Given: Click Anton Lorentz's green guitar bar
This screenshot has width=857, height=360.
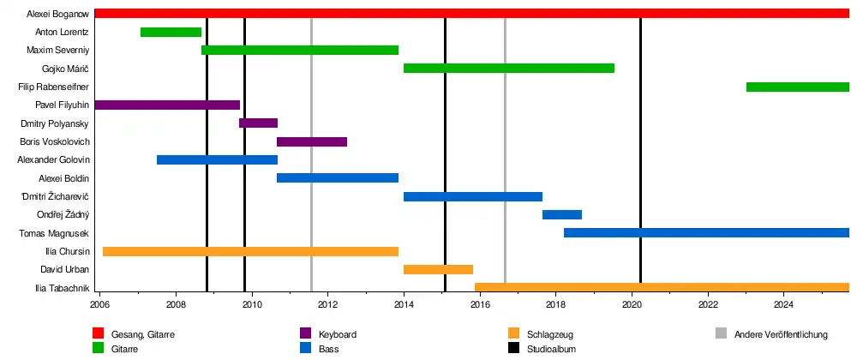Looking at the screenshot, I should tap(171, 33).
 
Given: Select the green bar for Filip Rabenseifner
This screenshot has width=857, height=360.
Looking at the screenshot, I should tap(797, 87).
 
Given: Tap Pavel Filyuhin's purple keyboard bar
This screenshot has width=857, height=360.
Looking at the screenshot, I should tap(167, 105).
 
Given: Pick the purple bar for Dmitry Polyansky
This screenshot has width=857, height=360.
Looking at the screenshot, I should tap(258, 123).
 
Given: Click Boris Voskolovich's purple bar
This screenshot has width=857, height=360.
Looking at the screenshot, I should tap(312, 141).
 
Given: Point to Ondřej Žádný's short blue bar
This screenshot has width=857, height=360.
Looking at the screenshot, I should tap(562, 214).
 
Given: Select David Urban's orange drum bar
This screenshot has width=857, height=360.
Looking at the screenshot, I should tap(438, 270).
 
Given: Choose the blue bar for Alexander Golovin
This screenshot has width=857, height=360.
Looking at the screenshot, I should tap(217, 160).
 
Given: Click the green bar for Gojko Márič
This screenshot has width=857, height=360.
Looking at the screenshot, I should tap(509, 69).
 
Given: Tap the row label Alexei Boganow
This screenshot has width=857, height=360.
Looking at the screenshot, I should tap(58, 14).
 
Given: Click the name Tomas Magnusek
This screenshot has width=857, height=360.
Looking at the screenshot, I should tap(54, 233).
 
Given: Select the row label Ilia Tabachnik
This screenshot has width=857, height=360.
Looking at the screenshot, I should tap(62, 288).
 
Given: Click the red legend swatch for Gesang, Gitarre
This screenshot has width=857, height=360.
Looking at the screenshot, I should tap(98, 334).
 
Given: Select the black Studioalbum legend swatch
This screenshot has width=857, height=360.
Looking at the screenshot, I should tap(513, 349).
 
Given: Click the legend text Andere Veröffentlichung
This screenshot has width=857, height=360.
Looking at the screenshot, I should tap(782, 334).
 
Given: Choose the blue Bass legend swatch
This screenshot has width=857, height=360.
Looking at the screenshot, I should tap(304, 349).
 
